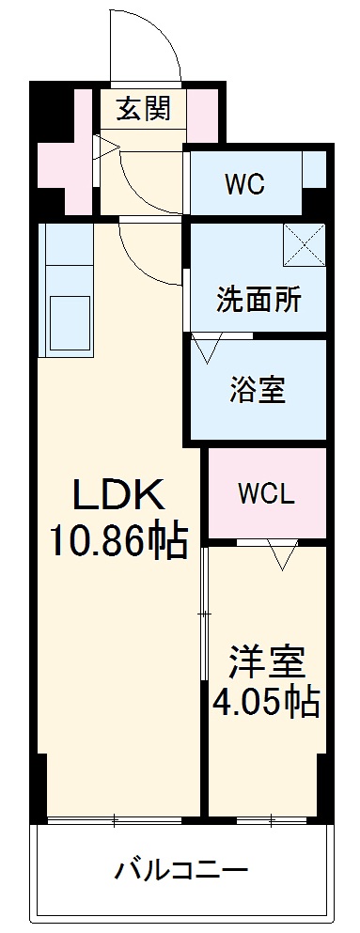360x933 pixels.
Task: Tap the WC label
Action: (x=243, y=183)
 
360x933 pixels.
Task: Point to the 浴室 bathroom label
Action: (x=258, y=389)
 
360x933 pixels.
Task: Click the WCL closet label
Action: (x=266, y=493)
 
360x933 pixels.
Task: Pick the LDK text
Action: (x=119, y=494)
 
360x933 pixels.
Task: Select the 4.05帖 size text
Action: (x=267, y=701)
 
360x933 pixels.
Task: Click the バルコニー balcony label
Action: (x=181, y=869)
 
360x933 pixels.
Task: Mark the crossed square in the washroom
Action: (x=304, y=245)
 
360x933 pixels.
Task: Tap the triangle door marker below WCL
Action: (x=281, y=557)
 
